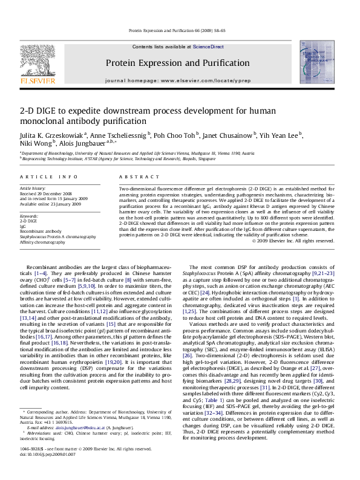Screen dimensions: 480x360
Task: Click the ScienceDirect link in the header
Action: [x=208, y=47]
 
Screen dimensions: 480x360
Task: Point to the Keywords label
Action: [x=30, y=215]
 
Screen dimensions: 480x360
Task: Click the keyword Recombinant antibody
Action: [x=41, y=231]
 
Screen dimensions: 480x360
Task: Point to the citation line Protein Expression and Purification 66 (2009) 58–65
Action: [x=179, y=30]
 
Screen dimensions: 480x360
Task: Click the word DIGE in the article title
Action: [x=46, y=111]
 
